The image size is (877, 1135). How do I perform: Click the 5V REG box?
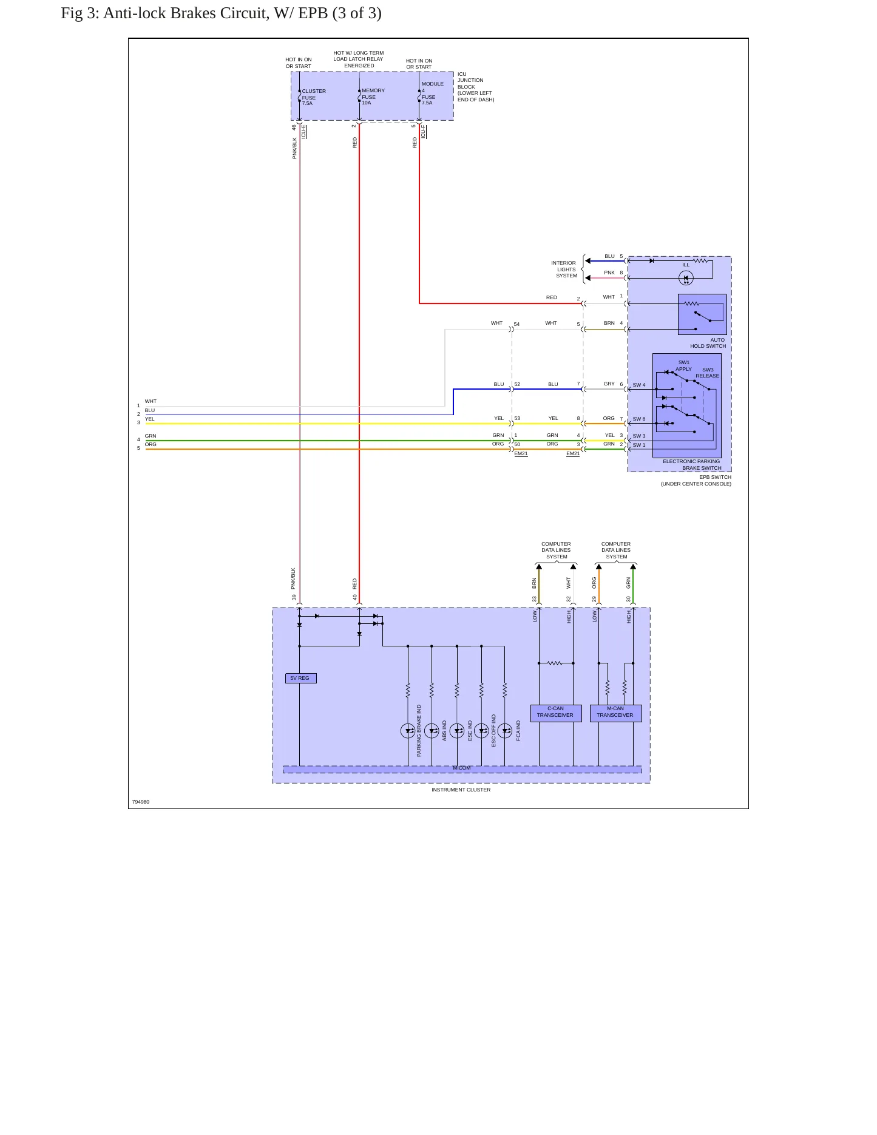pyautogui.click(x=300, y=678)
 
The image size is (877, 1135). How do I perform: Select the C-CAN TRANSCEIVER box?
pyautogui.click(x=555, y=713)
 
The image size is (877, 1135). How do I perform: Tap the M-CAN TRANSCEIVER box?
pyautogui.click(x=615, y=713)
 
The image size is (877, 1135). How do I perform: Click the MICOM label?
pyautogui.click(x=461, y=768)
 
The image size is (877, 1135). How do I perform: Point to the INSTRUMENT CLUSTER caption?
pyautogui.click(x=461, y=790)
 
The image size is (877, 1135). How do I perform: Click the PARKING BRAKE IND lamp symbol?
pyautogui.click(x=408, y=731)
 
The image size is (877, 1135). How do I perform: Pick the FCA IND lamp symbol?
pyautogui.click(x=504, y=731)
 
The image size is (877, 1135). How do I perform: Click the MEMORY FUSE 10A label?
pyautogui.click(x=373, y=97)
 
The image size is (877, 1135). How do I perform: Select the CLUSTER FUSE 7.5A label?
pyautogui.click(x=314, y=97)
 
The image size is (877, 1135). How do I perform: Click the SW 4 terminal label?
pyautogui.click(x=639, y=385)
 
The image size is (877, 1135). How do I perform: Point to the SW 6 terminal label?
pyautogui.click(x=639, y=419)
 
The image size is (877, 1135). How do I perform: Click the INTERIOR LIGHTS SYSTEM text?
pyautogui.click(x=564, y=269)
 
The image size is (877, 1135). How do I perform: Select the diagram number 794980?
pyautogui.click(x=141, y=802)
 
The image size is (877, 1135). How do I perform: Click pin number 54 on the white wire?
pyautogui.click(x=517, y=324)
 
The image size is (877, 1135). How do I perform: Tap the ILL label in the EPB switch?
pyautogui.click(x=686, y=265)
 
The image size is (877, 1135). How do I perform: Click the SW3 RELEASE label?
pyautogui.click(x=708, y=373)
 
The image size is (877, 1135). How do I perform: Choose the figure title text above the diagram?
pyautogui.click(x=221, y=13)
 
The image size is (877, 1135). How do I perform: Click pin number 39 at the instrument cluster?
pyautogui.click(x=294, y=597)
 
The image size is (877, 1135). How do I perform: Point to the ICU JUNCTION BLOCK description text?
pyautogui.click(x=476, y=87)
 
